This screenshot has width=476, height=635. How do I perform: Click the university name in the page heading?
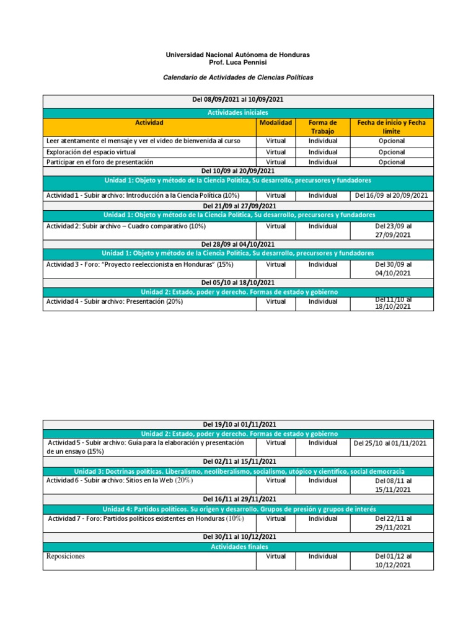pos(237,55)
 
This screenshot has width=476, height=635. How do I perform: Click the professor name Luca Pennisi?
pos(237,63)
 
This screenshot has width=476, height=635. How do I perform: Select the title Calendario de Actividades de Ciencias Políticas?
pos(237,78)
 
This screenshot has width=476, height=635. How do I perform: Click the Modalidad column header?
pos(276,123)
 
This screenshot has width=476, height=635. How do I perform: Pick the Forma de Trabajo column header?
pos(322,127)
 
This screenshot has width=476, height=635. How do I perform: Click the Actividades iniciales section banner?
pos(237,113)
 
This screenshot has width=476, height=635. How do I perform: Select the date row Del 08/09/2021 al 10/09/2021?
pos(237,100)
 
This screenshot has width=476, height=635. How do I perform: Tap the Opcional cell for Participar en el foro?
pos(391,162)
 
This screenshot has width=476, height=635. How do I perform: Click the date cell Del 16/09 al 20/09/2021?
pos(391,195)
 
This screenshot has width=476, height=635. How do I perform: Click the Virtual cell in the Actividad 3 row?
pos(276,264)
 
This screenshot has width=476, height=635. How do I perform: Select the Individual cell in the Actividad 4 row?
pos(322,301)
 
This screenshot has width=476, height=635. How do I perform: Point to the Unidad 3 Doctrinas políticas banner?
pos(237,472)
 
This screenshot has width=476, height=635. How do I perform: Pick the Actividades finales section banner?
pos(237,546)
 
